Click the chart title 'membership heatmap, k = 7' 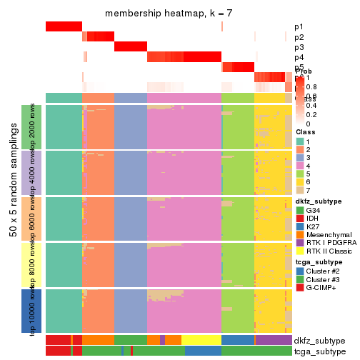[x=169, y=14]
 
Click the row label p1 [x=299, y=27]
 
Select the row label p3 [x=299, y=47]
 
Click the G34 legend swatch [x=299, y=211]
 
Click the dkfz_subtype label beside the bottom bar [x=319, y=341]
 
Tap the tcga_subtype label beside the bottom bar [x=319, y=351]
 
